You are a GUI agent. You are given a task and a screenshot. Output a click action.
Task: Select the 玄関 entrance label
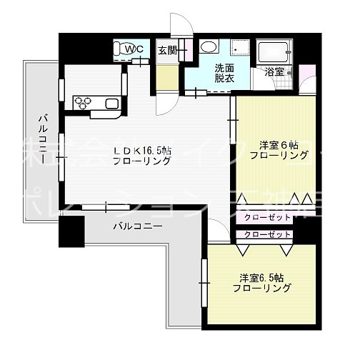(x=167, y=49)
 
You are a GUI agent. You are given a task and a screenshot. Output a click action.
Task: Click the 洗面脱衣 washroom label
(x=225, y=73)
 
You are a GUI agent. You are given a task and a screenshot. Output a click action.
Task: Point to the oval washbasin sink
(x=209, y=47)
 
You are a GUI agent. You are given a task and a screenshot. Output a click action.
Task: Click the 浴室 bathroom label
(x=275, y=71)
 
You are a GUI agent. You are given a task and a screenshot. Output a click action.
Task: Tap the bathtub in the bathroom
(x=274, y=51)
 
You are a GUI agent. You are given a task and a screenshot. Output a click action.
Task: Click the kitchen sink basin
(x=113, y=104)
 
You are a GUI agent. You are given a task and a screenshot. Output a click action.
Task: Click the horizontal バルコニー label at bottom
(x=137, y=227)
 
